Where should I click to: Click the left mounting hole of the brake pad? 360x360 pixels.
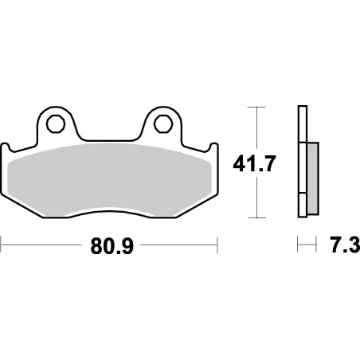[55, 123]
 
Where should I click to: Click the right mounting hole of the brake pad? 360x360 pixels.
[162, 123]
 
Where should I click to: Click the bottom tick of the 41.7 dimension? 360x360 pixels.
[256, 217]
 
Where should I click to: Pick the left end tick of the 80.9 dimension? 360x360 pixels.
[2, 246]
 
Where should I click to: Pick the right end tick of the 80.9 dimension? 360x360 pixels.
[217, 246]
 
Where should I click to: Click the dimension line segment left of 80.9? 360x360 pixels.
[40, 246]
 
